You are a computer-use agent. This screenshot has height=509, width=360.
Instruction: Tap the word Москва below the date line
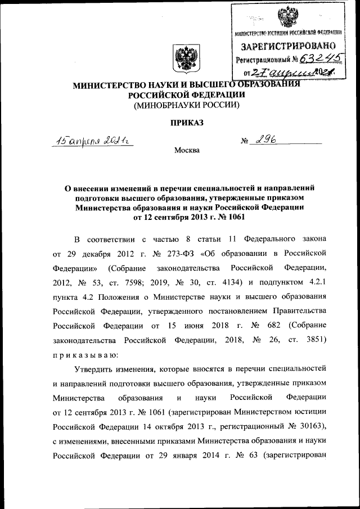pyautogui.click(x=186, y=151)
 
